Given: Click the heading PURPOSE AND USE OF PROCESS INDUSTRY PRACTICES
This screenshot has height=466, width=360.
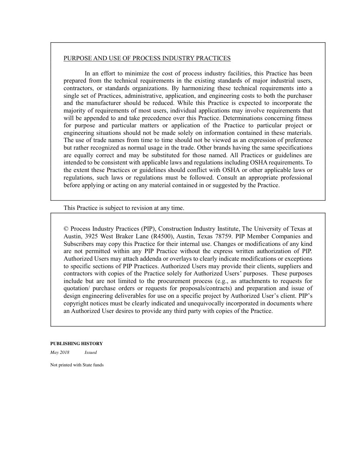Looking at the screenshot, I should coord(147,58).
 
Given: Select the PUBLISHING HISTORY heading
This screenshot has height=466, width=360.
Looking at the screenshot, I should coord(77,344).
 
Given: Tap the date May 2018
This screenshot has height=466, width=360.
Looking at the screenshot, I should coord(60,352).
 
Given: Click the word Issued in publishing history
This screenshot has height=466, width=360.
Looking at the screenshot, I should coord(91,352).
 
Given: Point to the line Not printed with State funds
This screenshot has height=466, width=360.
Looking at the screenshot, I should coord(77,365).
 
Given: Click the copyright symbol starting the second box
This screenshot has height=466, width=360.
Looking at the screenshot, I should coord(66,229).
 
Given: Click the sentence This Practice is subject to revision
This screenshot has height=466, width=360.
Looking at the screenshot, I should coord(124,208).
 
